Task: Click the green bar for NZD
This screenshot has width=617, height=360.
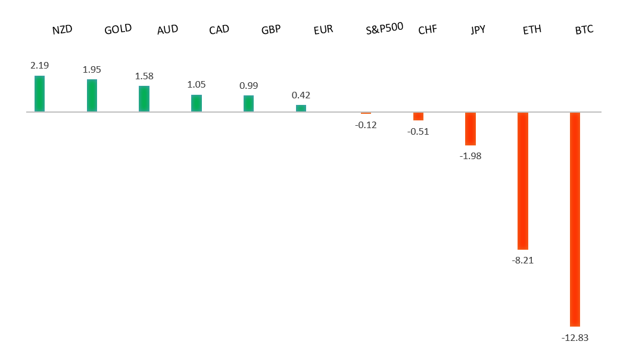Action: (x=39, y=94)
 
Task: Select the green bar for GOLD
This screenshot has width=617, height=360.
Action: (x=92, y=95)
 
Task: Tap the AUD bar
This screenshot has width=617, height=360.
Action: (x=144, y=99)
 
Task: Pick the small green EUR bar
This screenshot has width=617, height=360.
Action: (x=301, y=108)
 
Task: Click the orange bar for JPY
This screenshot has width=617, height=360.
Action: (x=470, y=129)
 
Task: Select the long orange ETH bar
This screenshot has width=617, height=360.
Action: (x=523, y=181)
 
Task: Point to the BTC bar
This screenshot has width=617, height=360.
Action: (x=575, y=219)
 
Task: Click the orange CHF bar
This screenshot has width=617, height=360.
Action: (x=418, y=116)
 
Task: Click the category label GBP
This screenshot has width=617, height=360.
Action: (x=271, y=29)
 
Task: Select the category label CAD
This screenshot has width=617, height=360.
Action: (x=219, y=29)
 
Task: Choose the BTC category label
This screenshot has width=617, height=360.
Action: (x=584, y=29)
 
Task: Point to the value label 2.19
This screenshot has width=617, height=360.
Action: (x=39, y=66)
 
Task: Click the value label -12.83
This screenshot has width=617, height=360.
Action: (x=575, y=338)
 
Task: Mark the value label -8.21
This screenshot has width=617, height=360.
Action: (x=523, y=260)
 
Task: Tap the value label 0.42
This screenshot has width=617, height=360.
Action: (x=301, y=95)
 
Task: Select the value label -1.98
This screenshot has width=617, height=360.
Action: (x=470, y=156)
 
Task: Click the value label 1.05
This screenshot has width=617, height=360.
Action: (x=197, y=85)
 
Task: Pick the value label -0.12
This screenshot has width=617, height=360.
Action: (x=366, y=125)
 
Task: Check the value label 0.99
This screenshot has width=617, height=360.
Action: (x=248, y=85)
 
